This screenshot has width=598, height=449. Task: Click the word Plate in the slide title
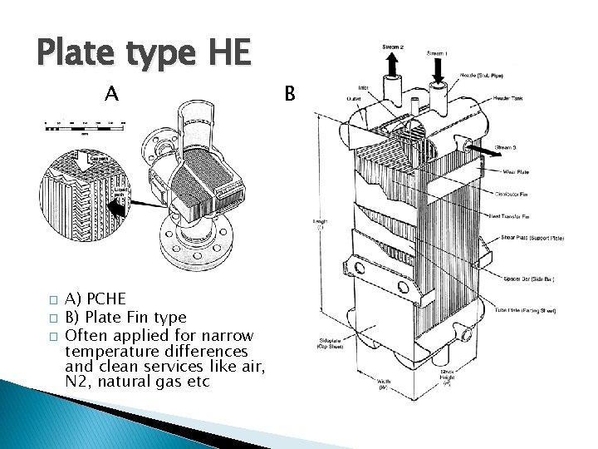76,52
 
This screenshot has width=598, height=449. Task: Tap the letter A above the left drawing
112,93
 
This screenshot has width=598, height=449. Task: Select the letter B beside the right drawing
289,93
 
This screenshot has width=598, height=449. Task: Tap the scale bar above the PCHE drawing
83,125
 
